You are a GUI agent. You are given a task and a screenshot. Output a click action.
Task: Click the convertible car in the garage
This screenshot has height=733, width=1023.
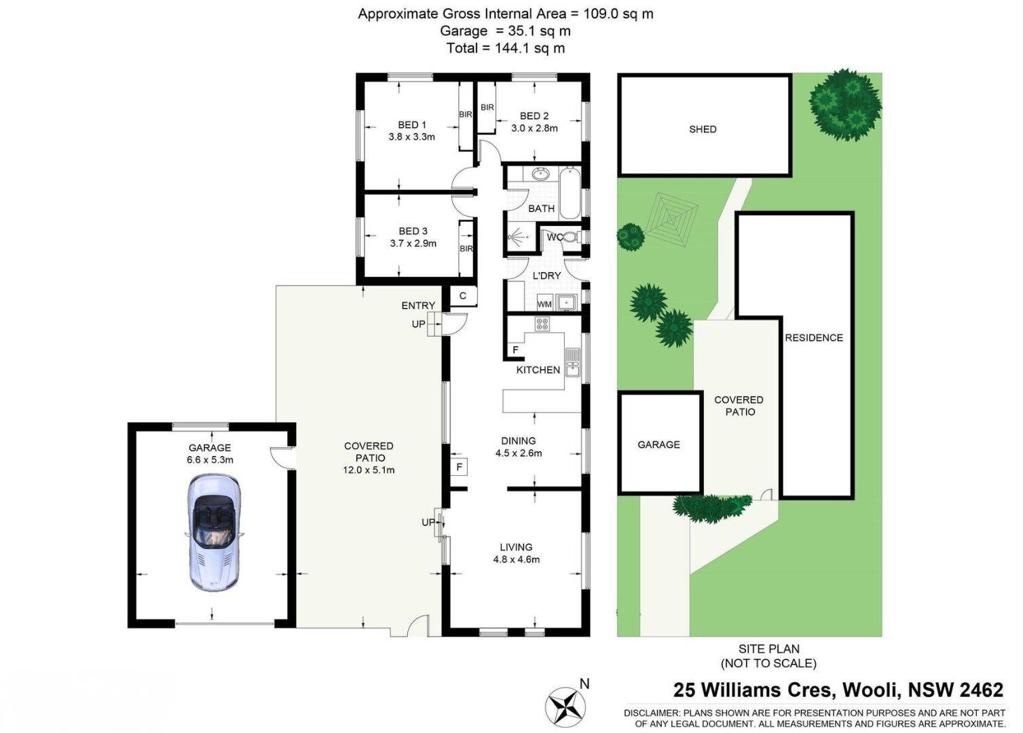(213, 533)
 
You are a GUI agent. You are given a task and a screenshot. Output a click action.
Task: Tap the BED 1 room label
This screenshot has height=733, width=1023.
(412, 125)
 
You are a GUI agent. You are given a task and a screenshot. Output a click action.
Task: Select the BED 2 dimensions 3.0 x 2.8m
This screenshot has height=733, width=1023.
(534, 128)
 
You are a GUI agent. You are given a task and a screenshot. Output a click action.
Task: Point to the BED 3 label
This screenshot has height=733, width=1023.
(413, 231)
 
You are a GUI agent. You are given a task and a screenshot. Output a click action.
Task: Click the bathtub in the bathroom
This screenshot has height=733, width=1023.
(570, 193)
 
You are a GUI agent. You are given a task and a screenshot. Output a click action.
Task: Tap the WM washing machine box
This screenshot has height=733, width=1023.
(544, 303)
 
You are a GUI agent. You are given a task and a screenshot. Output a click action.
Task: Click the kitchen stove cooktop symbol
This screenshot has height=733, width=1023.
(542, 324)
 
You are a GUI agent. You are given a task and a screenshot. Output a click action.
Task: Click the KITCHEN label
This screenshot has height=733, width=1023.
(538, 370)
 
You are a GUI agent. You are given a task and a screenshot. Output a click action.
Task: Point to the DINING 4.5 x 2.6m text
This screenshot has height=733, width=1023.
(519, 447)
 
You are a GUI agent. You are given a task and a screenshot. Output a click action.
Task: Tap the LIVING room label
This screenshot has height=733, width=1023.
(516, 547)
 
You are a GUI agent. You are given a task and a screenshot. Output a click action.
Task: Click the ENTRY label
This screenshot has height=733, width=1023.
(418, 305)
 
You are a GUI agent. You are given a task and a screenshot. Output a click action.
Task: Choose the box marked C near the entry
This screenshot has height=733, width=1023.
(463, 296)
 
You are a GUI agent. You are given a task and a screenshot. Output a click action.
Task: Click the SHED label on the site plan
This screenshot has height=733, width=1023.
(703, 129)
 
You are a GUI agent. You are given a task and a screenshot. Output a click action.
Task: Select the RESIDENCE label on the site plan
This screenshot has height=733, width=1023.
(814, 337)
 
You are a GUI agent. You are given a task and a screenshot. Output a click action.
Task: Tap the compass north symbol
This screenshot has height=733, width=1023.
(565, 707)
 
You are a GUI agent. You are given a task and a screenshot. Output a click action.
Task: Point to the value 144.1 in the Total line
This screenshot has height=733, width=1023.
(512, 48)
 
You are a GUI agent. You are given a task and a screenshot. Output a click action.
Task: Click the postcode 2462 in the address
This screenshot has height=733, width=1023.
(981, 690)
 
